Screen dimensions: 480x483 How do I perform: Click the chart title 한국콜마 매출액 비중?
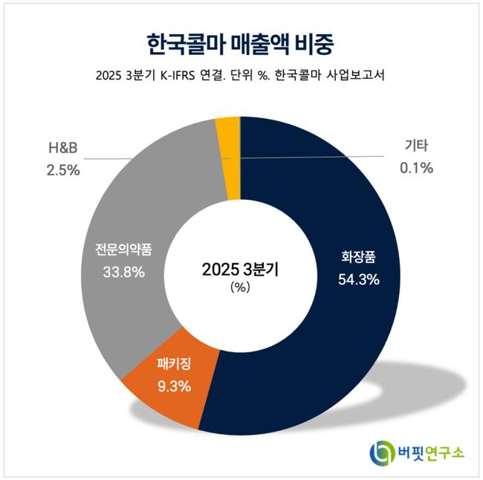click(x=241, y=42)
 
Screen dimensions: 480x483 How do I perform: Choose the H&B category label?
click(x=64, y=149)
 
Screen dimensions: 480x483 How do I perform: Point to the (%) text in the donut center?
click(x=241, y=287)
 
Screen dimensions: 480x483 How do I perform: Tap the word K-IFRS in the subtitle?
click(x=181, y=76)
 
